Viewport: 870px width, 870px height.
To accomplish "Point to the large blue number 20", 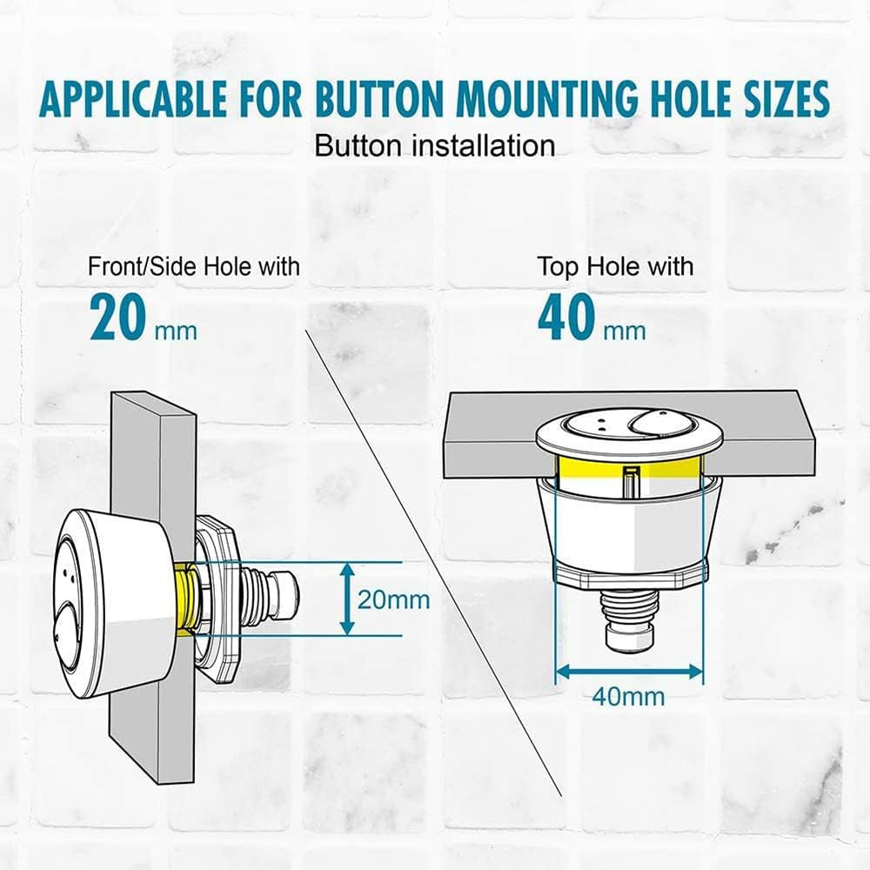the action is pyautogui.click(x=117, y=318).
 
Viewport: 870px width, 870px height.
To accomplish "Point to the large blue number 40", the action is pyautogui.click(x=566, y=318).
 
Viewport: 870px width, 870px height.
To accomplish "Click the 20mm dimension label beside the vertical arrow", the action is pyautogui.click(x=393, y=599).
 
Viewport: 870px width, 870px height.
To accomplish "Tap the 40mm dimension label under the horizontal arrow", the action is pyautogui.click(x=628, y=697).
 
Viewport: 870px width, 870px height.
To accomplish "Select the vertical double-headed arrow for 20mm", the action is pyautogui.click(x=347, y=599).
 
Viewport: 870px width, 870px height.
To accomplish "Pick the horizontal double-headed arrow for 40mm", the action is pyautogui.click(x=629, y=672).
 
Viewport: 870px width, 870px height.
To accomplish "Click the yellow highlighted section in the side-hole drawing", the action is pyautogui.click(x=184, y=599).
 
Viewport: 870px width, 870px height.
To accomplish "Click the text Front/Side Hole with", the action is pyautogui.click(x=194, y=267).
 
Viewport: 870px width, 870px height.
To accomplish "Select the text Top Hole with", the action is pyautogui.click(x=615, y=267).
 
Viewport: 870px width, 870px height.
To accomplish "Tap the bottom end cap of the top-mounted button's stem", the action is pyautogui.click(x=629, y=637).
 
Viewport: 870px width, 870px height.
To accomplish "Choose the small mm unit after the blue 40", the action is pyautogui.click(x=625, y=331).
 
